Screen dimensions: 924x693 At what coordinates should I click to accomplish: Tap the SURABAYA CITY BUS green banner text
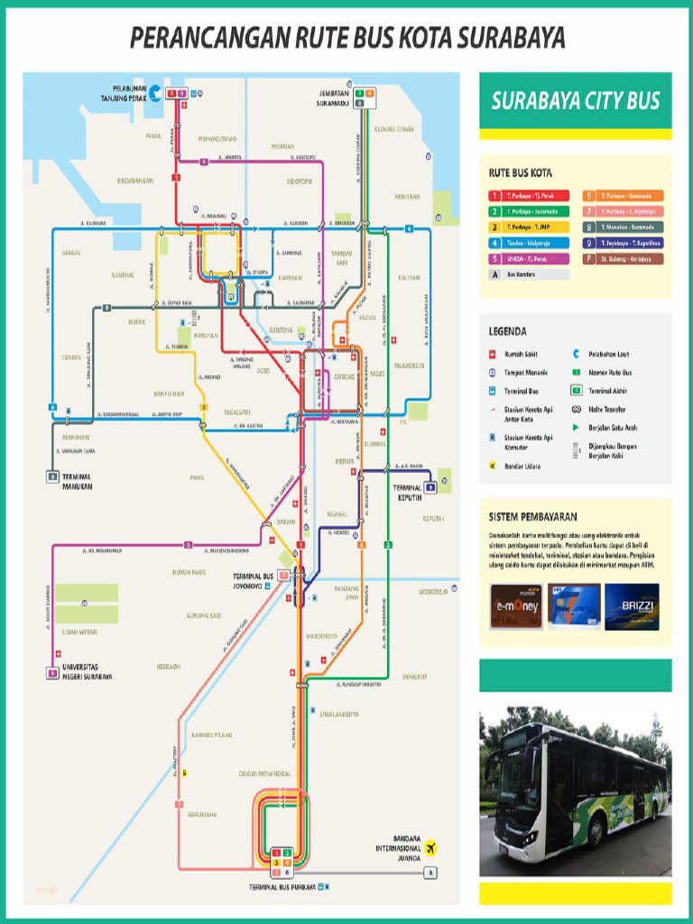[575, 101]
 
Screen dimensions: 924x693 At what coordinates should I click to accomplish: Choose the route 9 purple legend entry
[622, 243]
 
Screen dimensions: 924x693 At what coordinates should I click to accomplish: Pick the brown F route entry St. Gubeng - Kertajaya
[622, 259]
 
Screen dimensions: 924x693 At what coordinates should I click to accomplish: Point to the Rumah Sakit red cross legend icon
[494, 355]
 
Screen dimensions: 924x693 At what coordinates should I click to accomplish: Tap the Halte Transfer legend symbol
[576, 409]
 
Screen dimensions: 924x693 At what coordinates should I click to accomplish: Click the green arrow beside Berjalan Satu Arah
[576, 427]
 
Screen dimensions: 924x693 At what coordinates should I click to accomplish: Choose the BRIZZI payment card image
[632, 606]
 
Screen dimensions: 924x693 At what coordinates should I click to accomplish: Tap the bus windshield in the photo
[515, 776]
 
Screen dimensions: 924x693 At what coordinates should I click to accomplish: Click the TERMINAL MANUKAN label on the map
[77, 482]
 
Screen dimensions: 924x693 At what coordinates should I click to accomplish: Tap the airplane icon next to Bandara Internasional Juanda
[430, 847]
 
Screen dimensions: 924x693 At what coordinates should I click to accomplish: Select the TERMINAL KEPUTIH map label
[408, 492]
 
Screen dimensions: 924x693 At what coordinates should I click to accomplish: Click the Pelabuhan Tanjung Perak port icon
[155, 93]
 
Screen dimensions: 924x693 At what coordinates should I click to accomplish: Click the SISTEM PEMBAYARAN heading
[532, 517]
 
